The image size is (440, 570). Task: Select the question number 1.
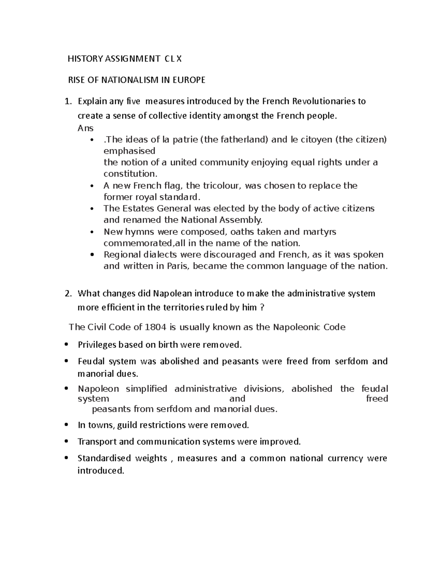67,101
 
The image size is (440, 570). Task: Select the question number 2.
67,294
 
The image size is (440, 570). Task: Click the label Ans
85,128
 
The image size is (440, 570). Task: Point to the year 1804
153,327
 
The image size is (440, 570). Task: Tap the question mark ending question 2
261,308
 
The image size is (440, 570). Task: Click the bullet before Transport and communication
66,441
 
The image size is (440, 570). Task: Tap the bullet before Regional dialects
92,254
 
